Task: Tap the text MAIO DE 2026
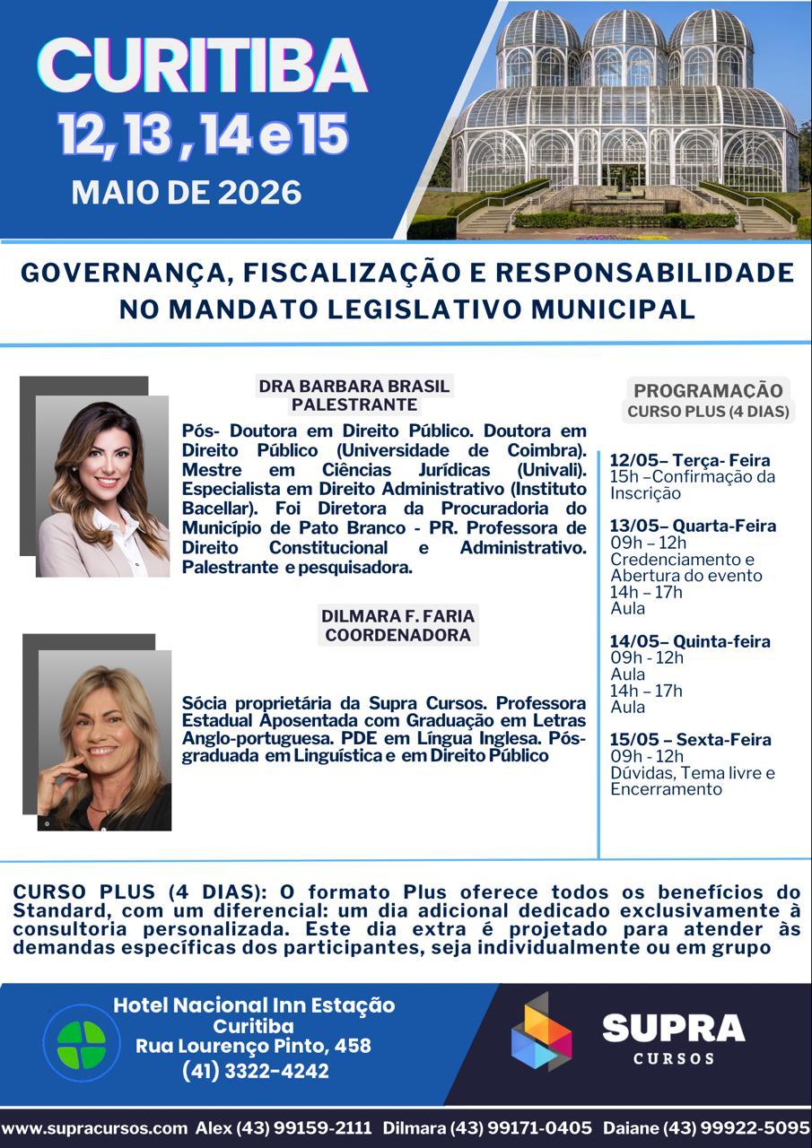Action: tap(187, 192)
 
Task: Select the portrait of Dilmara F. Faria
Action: tap(103, 739)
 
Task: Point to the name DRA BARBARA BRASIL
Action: tap(354, 387)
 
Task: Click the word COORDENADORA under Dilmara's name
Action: tap(397, 635)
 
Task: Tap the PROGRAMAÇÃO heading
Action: tap(708, 390)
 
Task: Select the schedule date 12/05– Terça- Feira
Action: tap(689, 460)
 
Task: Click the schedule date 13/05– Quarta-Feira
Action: tap(693, 526)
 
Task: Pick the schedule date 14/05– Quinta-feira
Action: tap(690, 641)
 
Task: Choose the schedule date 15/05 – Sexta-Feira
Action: tap(690, 739)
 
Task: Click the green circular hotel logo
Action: tap(82, 1043)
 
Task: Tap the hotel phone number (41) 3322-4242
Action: tap(255, 1071)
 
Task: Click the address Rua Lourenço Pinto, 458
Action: tap(253, 1046)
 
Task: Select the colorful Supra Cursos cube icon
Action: tap(541, 1032)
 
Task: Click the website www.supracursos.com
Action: tap(95, 1127)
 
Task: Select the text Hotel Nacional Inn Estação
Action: tap(253, 1005)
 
